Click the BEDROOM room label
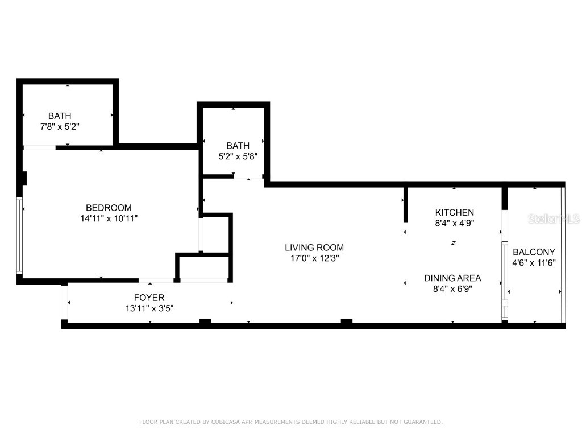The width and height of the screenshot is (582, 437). (x=109, y=208)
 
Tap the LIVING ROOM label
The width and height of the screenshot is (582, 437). (x=314, y=248)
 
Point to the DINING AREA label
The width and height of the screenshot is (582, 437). (x=452, y=278)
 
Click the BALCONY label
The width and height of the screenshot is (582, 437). (x=534, y=252)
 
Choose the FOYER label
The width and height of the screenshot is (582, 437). (x=149, y=298)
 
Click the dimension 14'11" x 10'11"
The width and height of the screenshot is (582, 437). (x=109, y=218)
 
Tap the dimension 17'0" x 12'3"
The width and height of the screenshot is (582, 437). (x=314, y=258)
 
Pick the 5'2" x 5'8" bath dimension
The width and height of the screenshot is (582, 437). (x=238, y=156)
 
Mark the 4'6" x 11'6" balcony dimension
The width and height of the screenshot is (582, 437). (x=534, y=263)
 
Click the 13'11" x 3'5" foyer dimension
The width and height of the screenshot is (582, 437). (x=149, y=308)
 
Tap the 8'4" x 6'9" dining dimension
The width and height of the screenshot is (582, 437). (x=452, y=288)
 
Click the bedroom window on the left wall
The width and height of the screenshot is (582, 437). (x=19, y=235)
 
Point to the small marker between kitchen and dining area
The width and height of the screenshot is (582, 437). (x=453, y=243)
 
